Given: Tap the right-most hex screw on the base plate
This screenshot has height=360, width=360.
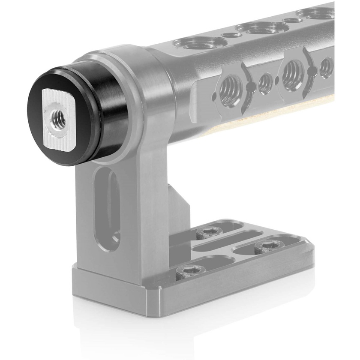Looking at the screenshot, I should [266, 246].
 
